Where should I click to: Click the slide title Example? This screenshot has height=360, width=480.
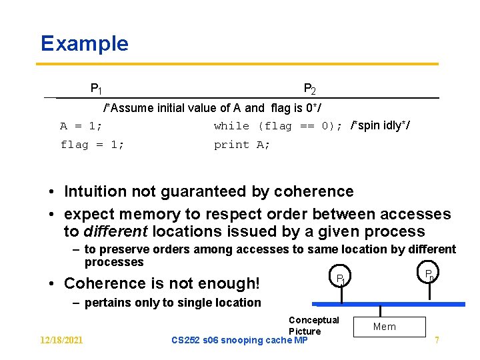pyautogui.click(x=84, y=43)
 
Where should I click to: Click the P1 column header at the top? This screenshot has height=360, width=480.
pyautogui.click(x=96, y=88)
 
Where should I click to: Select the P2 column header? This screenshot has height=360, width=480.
pyautogui.click(x=309, y=89)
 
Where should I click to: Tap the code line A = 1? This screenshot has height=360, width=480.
pyautogui.click(x=81, y=126)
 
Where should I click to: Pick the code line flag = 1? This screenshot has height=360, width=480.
pyautogui.click(x=92, y=145)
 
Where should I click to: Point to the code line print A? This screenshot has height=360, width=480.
pyautogui.click(x=242, y=145)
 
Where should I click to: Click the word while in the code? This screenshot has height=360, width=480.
pyautogui.click(x=231, y=126)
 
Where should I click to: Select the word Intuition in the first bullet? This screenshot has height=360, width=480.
pyautogui.click(x=95, y=191)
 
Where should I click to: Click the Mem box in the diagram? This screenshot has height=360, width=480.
pyautogui.click(x=384, y=327)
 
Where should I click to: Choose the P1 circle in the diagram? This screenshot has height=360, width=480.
pyautogui.click(x=340, y=277)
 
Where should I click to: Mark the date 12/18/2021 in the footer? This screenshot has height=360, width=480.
pyautogui.click(x=61, y=340)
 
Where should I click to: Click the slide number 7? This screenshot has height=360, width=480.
pyautogui.click(x=437, y=340)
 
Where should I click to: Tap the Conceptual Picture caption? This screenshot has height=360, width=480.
pyautogui.click(x=313, y=325)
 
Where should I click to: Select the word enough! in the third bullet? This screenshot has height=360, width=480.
pyautogui.click(x=229, y=283)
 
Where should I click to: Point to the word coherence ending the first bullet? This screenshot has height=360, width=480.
pyautogui.click(x=313, y=191)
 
